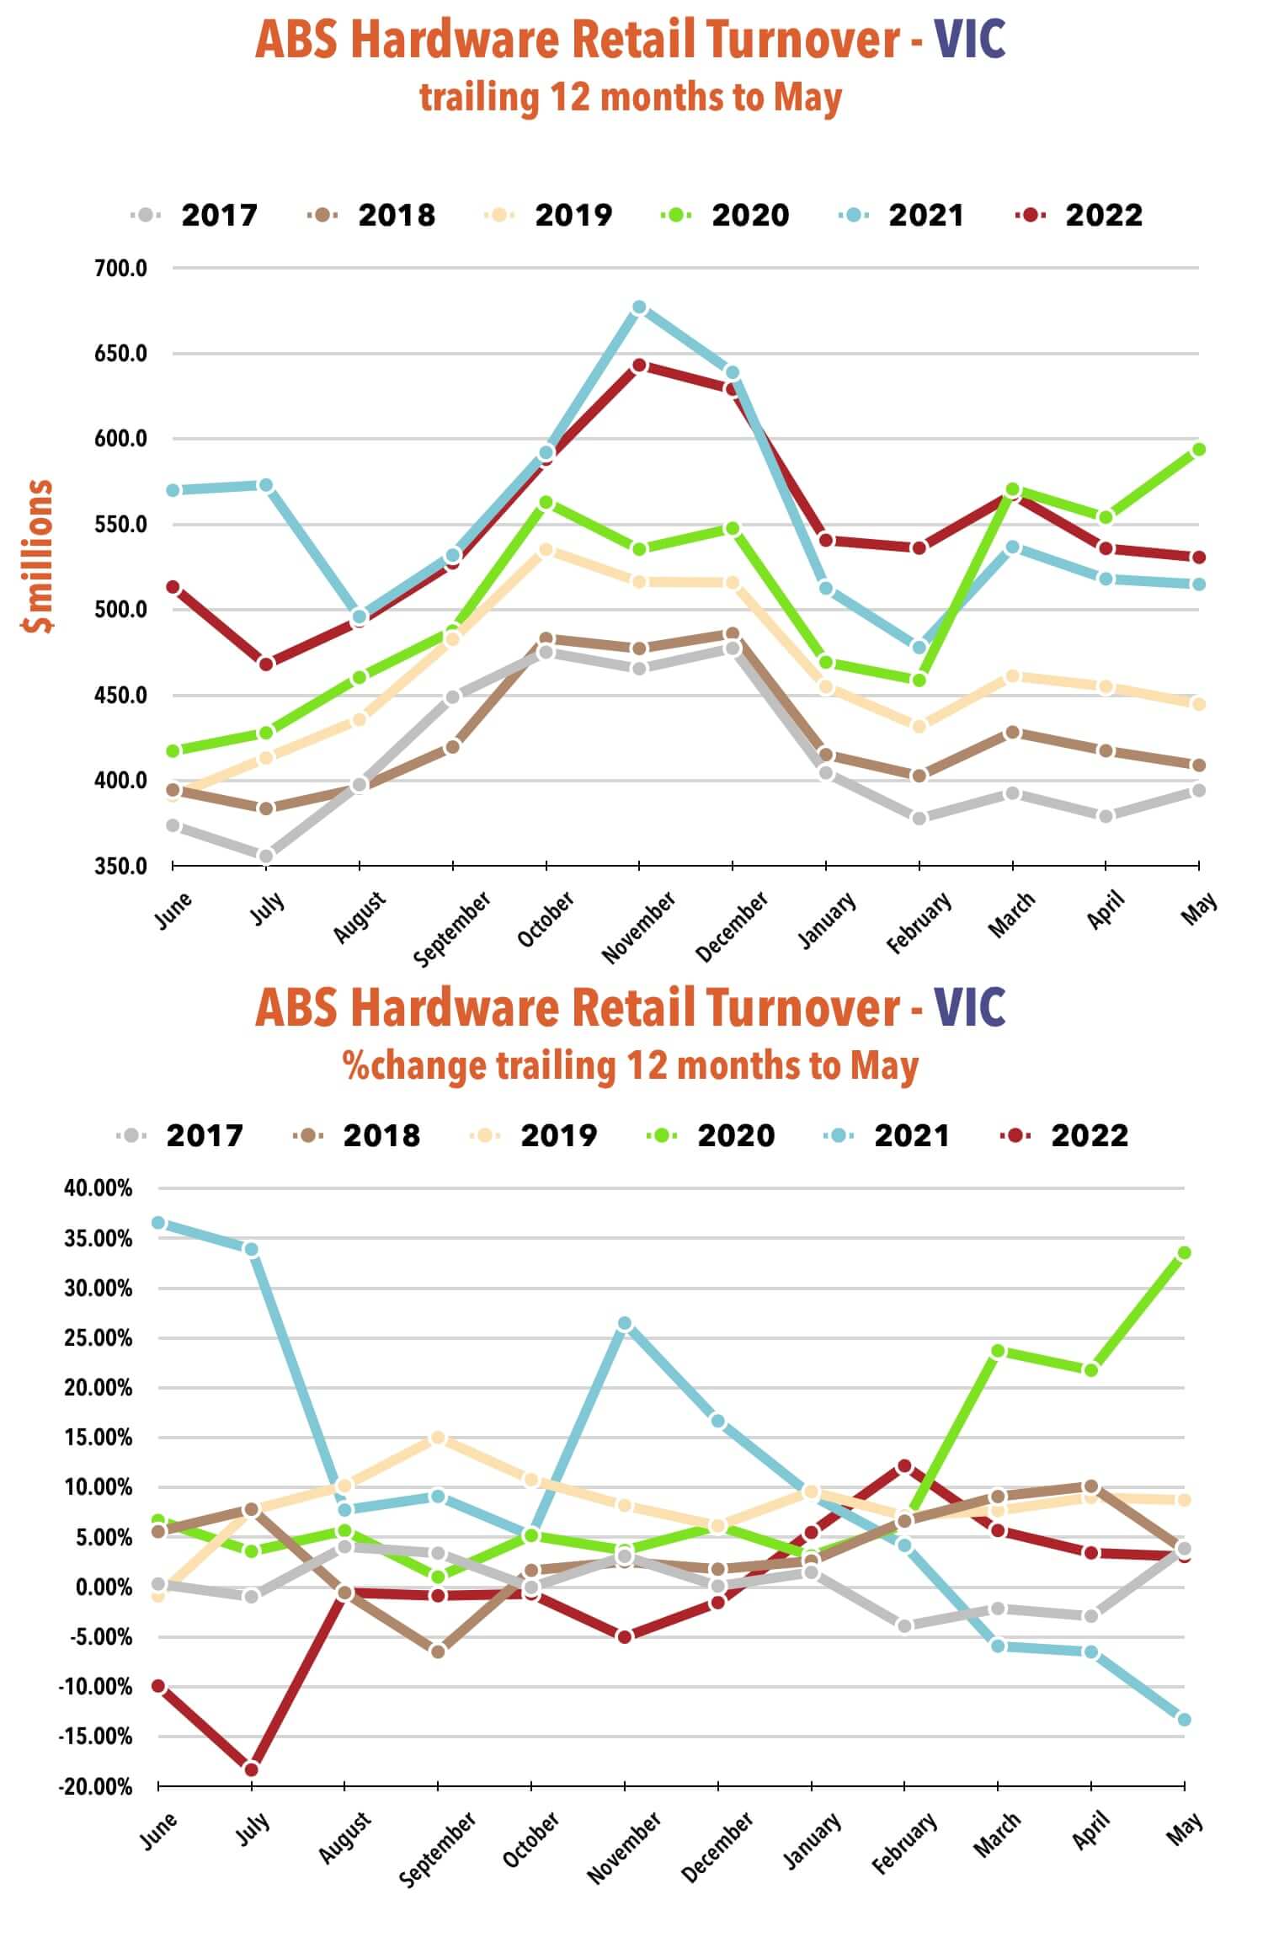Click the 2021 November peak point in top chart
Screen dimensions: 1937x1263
[639, 308]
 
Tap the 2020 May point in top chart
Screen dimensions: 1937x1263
[1198, 450]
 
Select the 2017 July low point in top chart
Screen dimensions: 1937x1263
[266, 856]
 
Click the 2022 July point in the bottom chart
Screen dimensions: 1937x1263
[251, 1769]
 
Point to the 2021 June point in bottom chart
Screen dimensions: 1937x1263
[158, 1223]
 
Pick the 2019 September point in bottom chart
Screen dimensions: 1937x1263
[438, 1438]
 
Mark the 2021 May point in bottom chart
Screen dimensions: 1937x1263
[1184, 1719]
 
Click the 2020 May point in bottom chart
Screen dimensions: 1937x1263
[1184, 1253]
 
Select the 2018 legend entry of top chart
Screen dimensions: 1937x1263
[373, 215]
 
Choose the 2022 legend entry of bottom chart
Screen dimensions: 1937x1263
[1065, 1135]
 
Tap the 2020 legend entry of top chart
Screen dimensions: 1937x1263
[727, 215]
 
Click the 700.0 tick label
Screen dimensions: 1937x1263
[120, 269]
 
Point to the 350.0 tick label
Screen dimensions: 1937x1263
[120, 866]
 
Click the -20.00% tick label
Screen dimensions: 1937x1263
[95, 1786]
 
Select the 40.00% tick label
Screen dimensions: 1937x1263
[99, 1188]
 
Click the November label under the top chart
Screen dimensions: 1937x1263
[639, 926]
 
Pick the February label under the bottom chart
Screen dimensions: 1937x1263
[905, 1844]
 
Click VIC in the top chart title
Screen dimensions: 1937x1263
[970, 40]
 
